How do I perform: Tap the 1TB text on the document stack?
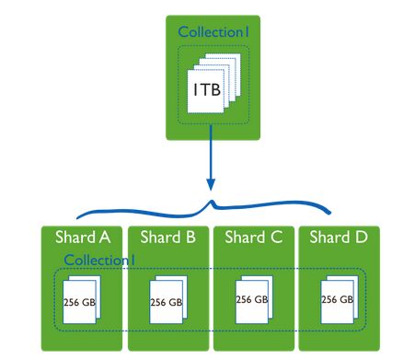pos(205,89)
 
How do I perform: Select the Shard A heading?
pos(84,237)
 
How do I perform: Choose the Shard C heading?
pos(253,237)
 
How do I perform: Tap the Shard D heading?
pos(338,237)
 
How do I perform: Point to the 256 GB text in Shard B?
pos(166,300)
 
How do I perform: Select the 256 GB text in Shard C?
pos(252,300)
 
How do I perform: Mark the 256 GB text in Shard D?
pos(336,299)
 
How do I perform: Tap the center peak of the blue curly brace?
pos(213,201)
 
